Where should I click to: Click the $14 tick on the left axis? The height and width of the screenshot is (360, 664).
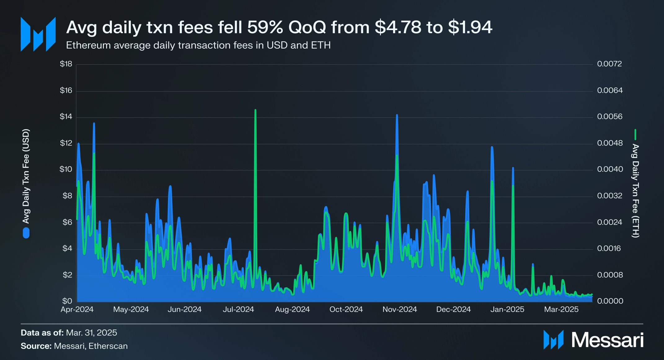coord(66,116)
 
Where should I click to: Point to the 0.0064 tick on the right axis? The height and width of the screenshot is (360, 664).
coord(609,90)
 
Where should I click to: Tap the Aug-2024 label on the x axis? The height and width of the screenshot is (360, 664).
coord(292,309)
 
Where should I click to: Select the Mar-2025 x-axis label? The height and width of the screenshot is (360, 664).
coord(561,309)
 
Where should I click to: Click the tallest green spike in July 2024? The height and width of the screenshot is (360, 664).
coord(255,110)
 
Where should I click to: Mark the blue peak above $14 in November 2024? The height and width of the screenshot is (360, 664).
coord(397,116)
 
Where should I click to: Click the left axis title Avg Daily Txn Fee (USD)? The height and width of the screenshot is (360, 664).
coord(26,176)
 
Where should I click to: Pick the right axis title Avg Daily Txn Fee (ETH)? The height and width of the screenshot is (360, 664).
coord(635,191)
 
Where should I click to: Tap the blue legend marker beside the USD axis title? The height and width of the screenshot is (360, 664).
coord(26,233)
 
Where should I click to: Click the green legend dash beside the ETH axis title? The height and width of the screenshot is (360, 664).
coord(635,135)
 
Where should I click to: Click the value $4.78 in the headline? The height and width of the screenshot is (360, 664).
coord(398,27)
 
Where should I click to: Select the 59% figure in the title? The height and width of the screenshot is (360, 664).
coord(265,27)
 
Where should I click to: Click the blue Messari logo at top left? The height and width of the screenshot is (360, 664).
coord(38,34)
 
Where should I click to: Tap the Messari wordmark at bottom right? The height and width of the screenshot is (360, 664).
coord(607,340)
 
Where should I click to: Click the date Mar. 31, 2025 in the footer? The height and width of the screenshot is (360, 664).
coord(91,333)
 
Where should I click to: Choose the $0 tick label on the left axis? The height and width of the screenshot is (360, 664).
coord(67,301)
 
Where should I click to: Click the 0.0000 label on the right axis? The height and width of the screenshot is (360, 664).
coord(610,301)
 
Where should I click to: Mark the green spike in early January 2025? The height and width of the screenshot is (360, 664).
coord(513,186)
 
